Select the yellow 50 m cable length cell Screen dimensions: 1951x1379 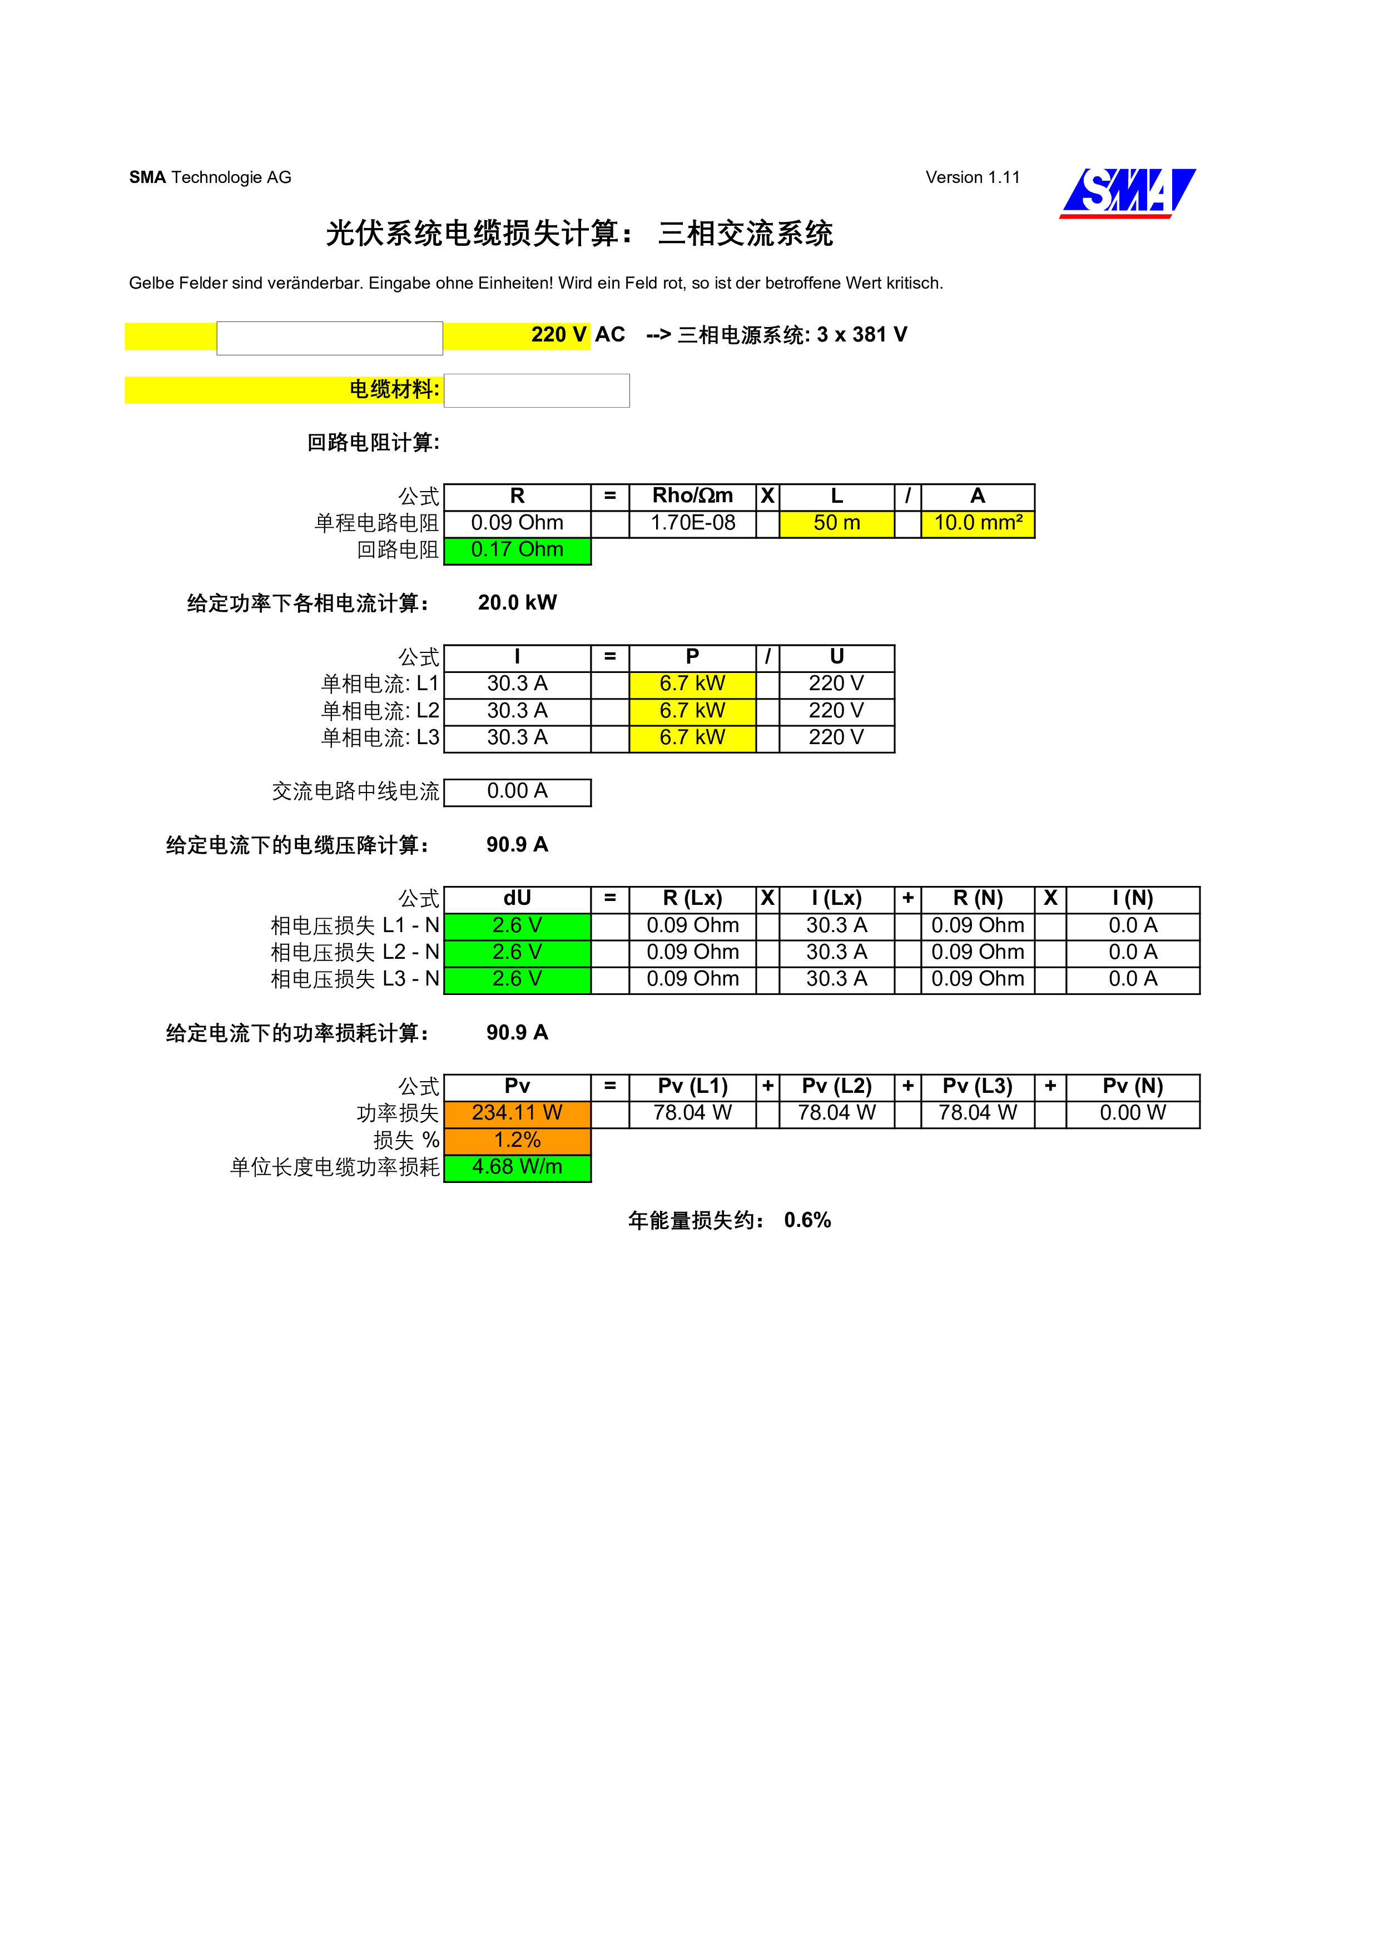click(x=836, y=523)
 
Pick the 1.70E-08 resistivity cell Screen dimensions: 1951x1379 click(x=692, y=523)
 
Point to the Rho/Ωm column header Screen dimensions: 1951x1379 click(x=692, y=496)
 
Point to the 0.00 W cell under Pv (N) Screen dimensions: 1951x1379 click(x=1133, y=1113)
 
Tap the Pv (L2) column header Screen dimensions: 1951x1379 click(x=836, y=1087)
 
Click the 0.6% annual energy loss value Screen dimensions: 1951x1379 click(x=807, y=1220)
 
